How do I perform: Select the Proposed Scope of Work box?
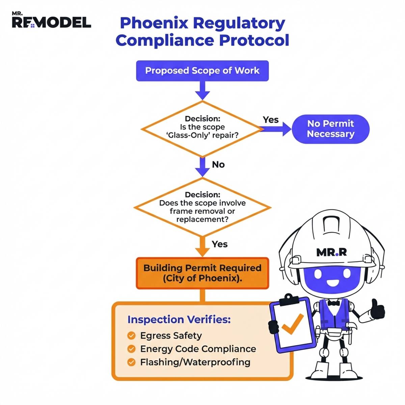coord(202,71)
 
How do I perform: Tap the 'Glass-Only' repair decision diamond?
coord(202,128)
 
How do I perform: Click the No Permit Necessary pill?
coord(330,129)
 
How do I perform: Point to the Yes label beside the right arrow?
coord(271,120)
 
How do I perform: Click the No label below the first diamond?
coord(218,164)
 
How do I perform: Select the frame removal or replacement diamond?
coord(202,207)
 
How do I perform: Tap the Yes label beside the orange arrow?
coord(219,244)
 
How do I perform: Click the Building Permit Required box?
coord(202,273)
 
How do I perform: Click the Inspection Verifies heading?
coord(179,319)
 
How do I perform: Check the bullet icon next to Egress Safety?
coord(131,335)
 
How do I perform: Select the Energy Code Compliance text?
coord(198,349)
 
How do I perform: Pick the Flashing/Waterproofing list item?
coord(195,362)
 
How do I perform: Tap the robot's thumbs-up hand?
coord(376,309)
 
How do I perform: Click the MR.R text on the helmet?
coord(331,252)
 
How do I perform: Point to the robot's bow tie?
coord(333,303)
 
